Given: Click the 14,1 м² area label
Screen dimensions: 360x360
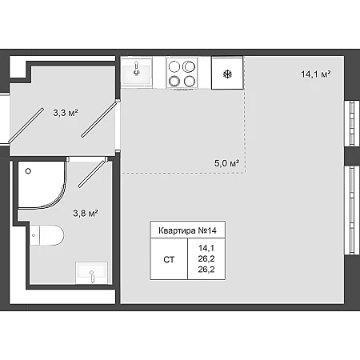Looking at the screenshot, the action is click(x=316, y=74).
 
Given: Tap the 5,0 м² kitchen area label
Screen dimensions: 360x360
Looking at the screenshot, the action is click(x=226, y=163).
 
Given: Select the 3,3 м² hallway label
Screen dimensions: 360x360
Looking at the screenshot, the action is click(x=66, y=113).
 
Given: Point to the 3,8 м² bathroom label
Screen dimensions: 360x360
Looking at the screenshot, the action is click(x=86, y=214).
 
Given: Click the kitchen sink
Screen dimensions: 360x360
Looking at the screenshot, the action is click(x=137, y=71).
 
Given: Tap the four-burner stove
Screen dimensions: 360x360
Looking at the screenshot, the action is click(x=182, y=73).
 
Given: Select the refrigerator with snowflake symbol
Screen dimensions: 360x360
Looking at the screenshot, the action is click(x=227, y=73).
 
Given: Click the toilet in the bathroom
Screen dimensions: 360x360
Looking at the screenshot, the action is click(x=47, y=235).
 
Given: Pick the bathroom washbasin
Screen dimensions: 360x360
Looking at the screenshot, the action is click(x=91, y=273).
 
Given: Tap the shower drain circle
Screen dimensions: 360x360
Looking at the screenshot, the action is click(x=28, y=171).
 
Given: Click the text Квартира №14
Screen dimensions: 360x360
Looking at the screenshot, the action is click(x=187, y=230).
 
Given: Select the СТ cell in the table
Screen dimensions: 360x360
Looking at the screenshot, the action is click(x=169, y=259).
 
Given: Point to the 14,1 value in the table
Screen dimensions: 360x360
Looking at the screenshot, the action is click(x=206, y=248).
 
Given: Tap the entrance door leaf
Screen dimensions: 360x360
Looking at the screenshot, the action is click(x=26, y=124).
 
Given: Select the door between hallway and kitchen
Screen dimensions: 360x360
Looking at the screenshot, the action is click(x=99, y=118).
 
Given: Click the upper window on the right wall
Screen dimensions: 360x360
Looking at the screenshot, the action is click(x=352, y=123).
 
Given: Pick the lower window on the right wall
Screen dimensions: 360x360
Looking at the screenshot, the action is click(x=352, y=210).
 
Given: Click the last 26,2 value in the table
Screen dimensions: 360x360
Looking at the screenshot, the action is click(x=206, y=270).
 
